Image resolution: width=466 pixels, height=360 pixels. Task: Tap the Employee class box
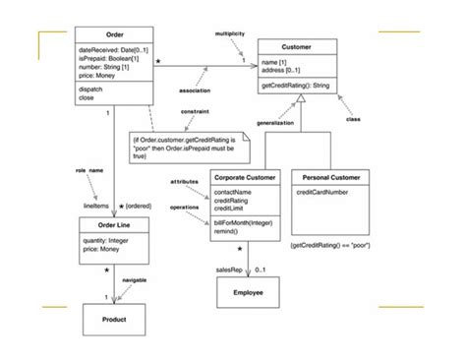(247, 292)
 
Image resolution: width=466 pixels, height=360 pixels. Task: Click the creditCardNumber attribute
(322, 193)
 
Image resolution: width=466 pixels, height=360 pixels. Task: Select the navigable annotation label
(135, 280)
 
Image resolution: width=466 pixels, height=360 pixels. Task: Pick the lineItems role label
(95, 206)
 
